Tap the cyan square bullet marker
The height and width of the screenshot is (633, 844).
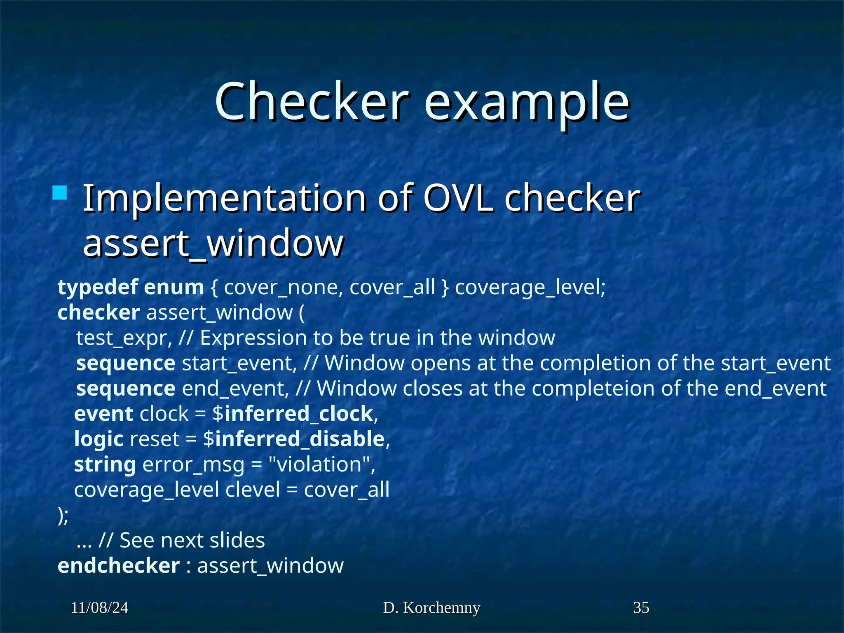coord(60,193)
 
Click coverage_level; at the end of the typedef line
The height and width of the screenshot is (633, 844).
coord(530,287)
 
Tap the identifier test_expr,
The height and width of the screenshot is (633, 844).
coord(124,338)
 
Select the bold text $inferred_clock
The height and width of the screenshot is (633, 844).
coord(293,414)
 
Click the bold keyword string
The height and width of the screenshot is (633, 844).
coord(105,465)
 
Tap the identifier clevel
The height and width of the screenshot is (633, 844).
coord(253,490)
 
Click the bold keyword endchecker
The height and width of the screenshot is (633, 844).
coord(119,565)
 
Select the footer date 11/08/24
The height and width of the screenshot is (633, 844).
coord(99,607)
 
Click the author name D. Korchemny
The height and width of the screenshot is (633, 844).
coord(431,607)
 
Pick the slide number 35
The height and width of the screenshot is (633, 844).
coord(641,607)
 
